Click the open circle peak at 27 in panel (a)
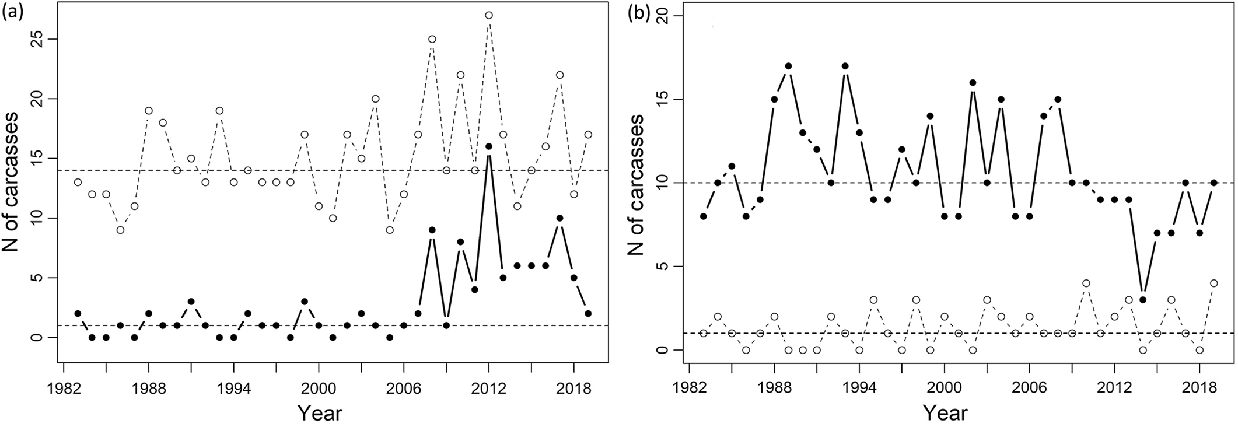489,15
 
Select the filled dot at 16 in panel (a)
489,146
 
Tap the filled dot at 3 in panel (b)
1143,300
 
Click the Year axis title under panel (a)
319,413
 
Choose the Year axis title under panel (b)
945,413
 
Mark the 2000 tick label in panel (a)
319,387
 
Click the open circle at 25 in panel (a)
432,39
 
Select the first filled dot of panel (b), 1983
704,216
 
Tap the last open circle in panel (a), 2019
588,135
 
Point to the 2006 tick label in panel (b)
1030,387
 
